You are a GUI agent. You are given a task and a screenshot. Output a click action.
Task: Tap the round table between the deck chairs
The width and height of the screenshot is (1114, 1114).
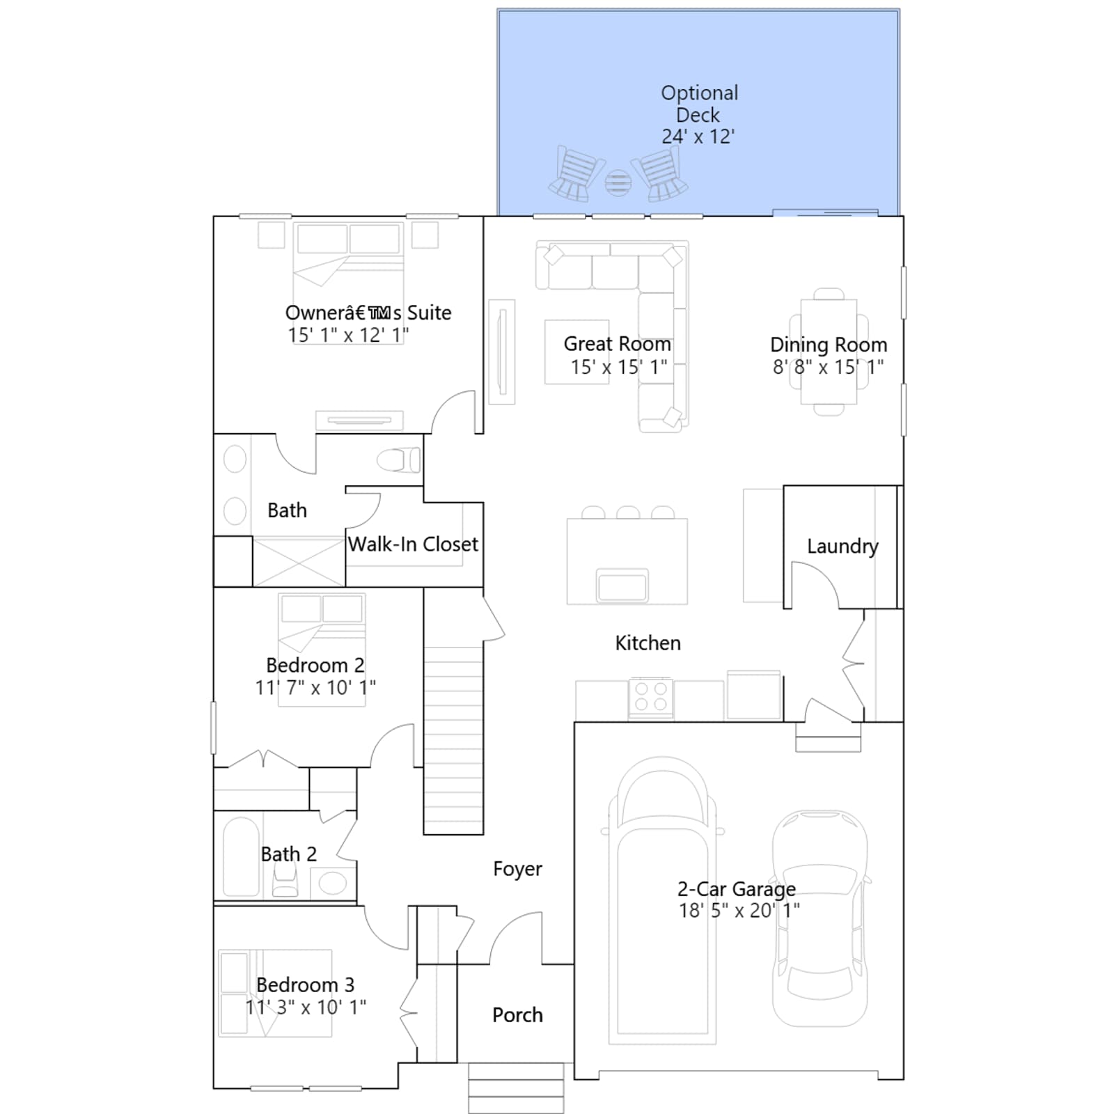point(618,182)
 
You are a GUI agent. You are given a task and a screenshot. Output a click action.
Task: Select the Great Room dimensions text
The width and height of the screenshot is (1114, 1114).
point(619,367)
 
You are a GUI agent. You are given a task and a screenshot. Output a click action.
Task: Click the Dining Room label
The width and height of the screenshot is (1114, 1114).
point(829,345)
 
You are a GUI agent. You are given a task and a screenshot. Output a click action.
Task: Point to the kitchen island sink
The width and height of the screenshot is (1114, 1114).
point(622,585)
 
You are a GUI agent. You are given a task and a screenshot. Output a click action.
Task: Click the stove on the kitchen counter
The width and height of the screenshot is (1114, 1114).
point(651,697)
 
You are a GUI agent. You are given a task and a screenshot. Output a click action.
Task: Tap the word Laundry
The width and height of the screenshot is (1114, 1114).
point(842,547)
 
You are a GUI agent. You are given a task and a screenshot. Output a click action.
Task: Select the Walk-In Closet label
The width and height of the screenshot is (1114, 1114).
point(413,544)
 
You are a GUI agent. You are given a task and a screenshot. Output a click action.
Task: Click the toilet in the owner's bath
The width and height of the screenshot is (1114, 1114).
point(398,460)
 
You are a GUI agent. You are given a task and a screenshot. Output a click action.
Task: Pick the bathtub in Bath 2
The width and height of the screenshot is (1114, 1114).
point(241,856)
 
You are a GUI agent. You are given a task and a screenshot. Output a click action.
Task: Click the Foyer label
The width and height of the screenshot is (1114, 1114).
point(517,869)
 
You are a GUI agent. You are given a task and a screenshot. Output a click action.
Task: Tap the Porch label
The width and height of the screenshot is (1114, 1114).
point(517,1015)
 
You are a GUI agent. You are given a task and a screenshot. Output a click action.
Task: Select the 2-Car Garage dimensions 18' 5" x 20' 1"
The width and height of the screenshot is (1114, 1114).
point(739,910)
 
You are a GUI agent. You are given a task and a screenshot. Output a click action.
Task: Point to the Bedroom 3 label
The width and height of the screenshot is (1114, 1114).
point(305,985)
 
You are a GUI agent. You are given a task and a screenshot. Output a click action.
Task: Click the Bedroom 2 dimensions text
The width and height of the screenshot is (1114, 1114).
point(315,688)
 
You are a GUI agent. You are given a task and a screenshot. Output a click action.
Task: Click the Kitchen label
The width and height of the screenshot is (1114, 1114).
point(648,643)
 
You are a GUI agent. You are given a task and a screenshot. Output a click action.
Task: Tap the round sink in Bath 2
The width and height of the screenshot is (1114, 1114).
point(333,884)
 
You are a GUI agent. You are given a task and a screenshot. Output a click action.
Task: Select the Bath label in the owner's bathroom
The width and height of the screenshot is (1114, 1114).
point(287,510)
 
